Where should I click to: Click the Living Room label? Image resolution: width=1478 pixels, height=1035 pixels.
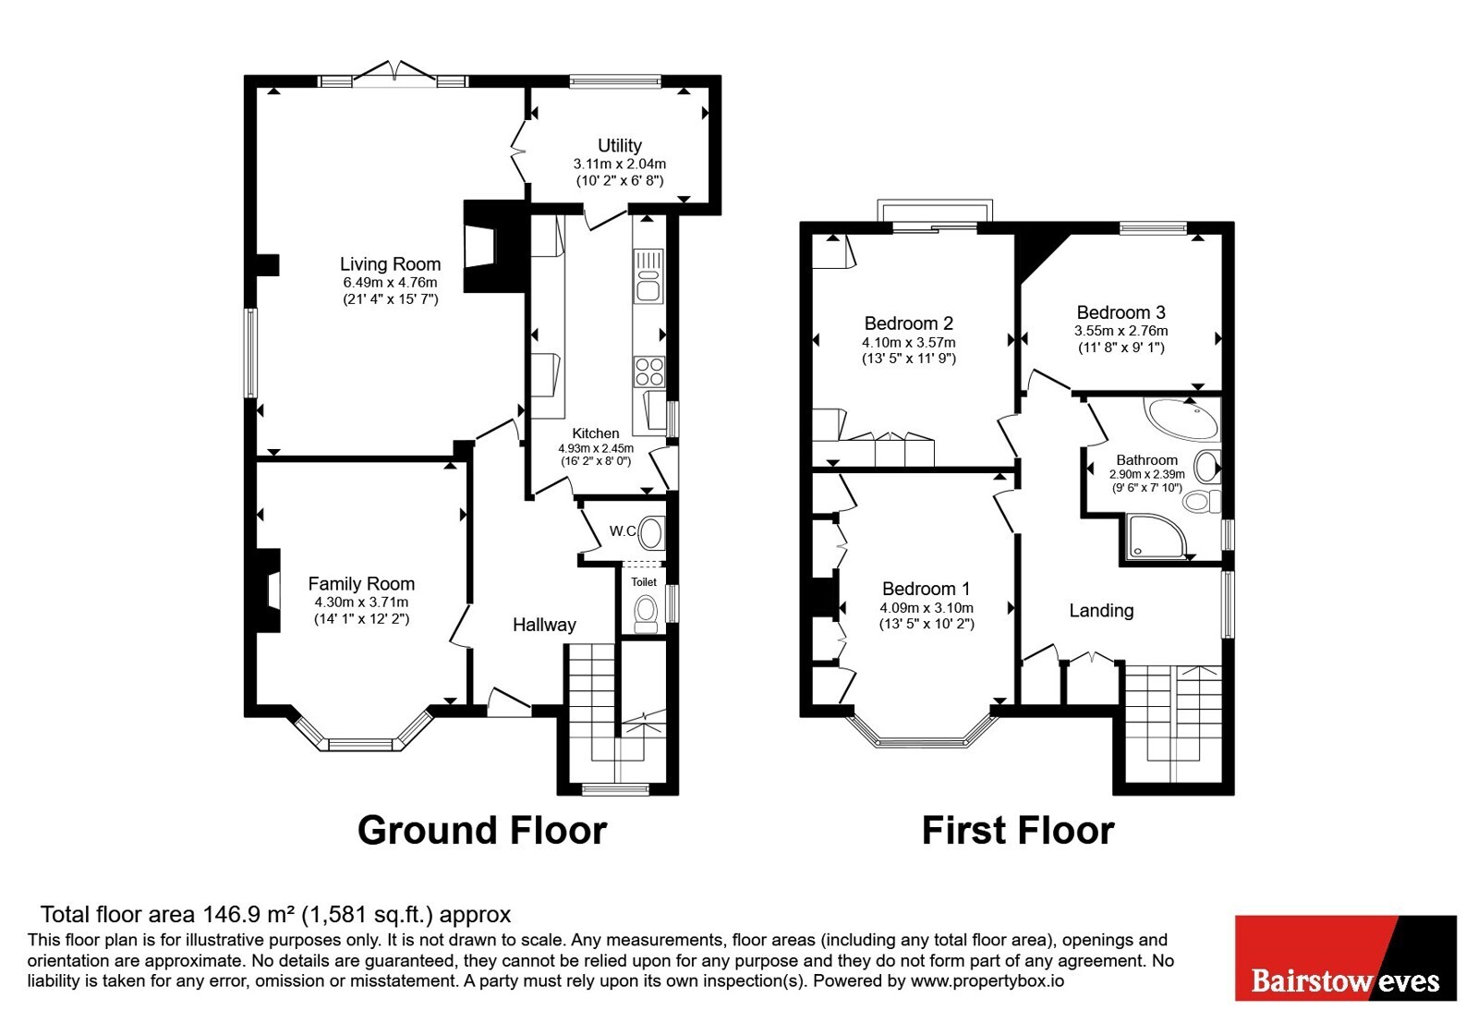coord(390,264)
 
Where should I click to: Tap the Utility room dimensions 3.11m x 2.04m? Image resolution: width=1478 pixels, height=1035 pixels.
coord(620,164)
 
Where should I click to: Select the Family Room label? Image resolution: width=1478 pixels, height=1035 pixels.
coord(361,583)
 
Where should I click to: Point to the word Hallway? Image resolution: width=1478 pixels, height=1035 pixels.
coord(544,625)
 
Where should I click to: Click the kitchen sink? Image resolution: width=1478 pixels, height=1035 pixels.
coord(648,276)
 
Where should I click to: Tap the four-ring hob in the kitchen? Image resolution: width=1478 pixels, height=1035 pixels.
coord(649,371)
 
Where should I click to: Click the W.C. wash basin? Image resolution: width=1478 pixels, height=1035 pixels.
coord(652,533)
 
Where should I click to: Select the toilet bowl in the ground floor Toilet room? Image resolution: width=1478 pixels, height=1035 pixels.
coord(646,614)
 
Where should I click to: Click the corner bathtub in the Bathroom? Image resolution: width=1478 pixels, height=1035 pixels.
coord(1184,418)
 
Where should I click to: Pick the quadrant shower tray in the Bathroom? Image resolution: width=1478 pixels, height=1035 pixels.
coord(1156,536)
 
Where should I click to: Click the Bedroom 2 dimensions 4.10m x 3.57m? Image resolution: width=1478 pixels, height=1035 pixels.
coord(909,343)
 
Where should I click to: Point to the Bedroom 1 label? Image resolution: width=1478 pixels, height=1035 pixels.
coord(927,588)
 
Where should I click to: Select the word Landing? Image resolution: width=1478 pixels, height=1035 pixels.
coord(1101,611)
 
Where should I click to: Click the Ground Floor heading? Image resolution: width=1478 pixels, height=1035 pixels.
coord(482,831)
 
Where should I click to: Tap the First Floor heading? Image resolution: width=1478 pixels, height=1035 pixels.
coord(1017,831)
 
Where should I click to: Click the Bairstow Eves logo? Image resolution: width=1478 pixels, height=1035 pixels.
coord(1345,957)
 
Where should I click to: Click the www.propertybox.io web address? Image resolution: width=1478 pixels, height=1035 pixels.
coord(987,980)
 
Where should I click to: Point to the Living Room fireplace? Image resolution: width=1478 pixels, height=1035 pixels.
coord(496,246)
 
